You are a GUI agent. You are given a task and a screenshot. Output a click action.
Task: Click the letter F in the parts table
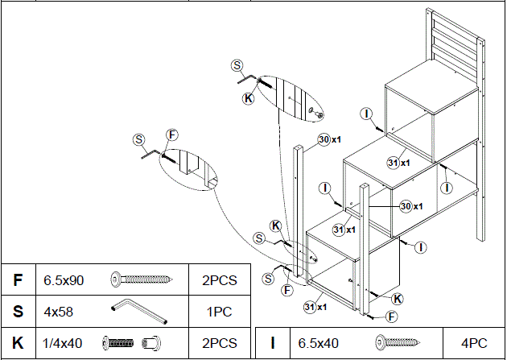coord(18,280)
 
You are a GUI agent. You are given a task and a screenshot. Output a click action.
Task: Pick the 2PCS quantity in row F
coord(219,280)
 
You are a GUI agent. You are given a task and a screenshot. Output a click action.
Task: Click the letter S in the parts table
coord(18,310)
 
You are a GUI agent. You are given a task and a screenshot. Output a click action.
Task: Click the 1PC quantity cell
coord(219,310)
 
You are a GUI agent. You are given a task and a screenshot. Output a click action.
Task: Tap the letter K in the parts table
coord(18,343)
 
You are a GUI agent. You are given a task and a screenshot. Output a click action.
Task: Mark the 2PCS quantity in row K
coord(219,343)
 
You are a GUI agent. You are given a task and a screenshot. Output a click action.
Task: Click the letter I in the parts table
coord(273,343)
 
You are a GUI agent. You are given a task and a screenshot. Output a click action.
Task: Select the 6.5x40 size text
coord(319,343)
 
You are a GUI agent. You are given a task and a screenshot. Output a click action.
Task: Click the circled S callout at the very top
coord(237,65)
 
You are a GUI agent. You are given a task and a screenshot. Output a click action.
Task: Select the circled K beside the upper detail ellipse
coord(248,98)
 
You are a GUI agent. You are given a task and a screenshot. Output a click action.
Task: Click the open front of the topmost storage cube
coord(410,134)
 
